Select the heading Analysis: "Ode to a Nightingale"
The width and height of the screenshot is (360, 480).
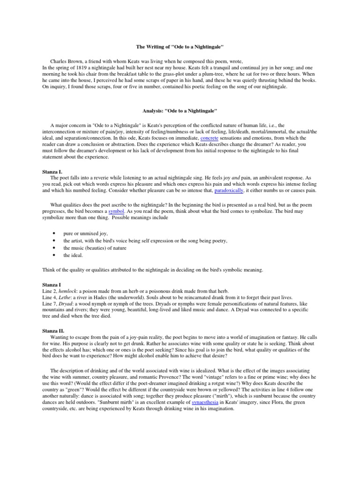[180, 111]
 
